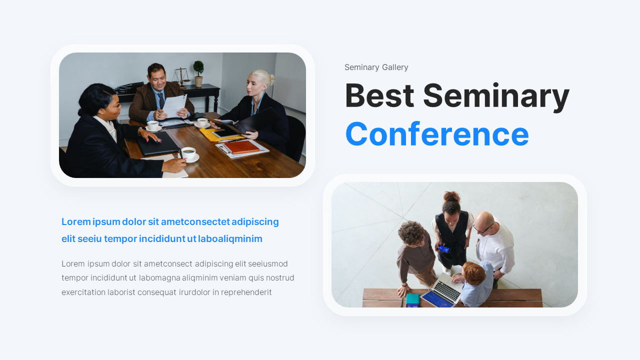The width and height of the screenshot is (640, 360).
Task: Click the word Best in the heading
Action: [x=379, y=96]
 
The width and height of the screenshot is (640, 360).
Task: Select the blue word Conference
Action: [x=437, y=134]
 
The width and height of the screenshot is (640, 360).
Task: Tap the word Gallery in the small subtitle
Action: [x=395, y=67]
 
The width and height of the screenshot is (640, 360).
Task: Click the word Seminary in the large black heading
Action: [x=496, y=96]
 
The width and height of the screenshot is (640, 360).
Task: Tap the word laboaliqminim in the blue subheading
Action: [x=230, y=238]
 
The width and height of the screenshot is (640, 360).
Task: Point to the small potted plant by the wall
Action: [x=198, y=72]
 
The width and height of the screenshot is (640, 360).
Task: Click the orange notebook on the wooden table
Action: [x=242, y=146]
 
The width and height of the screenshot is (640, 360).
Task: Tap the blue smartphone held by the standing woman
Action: [x=443, y=249]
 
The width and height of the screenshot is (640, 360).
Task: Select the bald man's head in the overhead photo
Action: [x=483, y=221]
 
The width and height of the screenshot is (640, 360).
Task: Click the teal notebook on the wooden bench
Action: [x=412, y=299]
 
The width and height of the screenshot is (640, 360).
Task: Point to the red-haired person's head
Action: [x=473, y=273]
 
